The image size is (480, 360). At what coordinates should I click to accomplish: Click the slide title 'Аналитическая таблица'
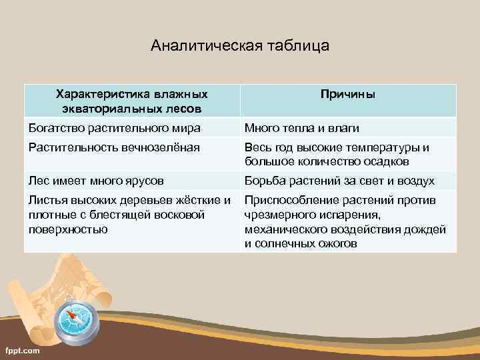click(240, 46)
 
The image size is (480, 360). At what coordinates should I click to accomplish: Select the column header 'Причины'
click(347, 95)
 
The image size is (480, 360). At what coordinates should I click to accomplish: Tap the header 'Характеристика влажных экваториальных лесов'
click(131, 101)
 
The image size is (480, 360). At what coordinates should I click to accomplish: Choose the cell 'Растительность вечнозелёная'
click(113, 147)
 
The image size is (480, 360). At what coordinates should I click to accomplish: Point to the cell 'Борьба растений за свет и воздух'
click(339, 181)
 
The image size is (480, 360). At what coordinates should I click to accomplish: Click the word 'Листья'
click(47, 200)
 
